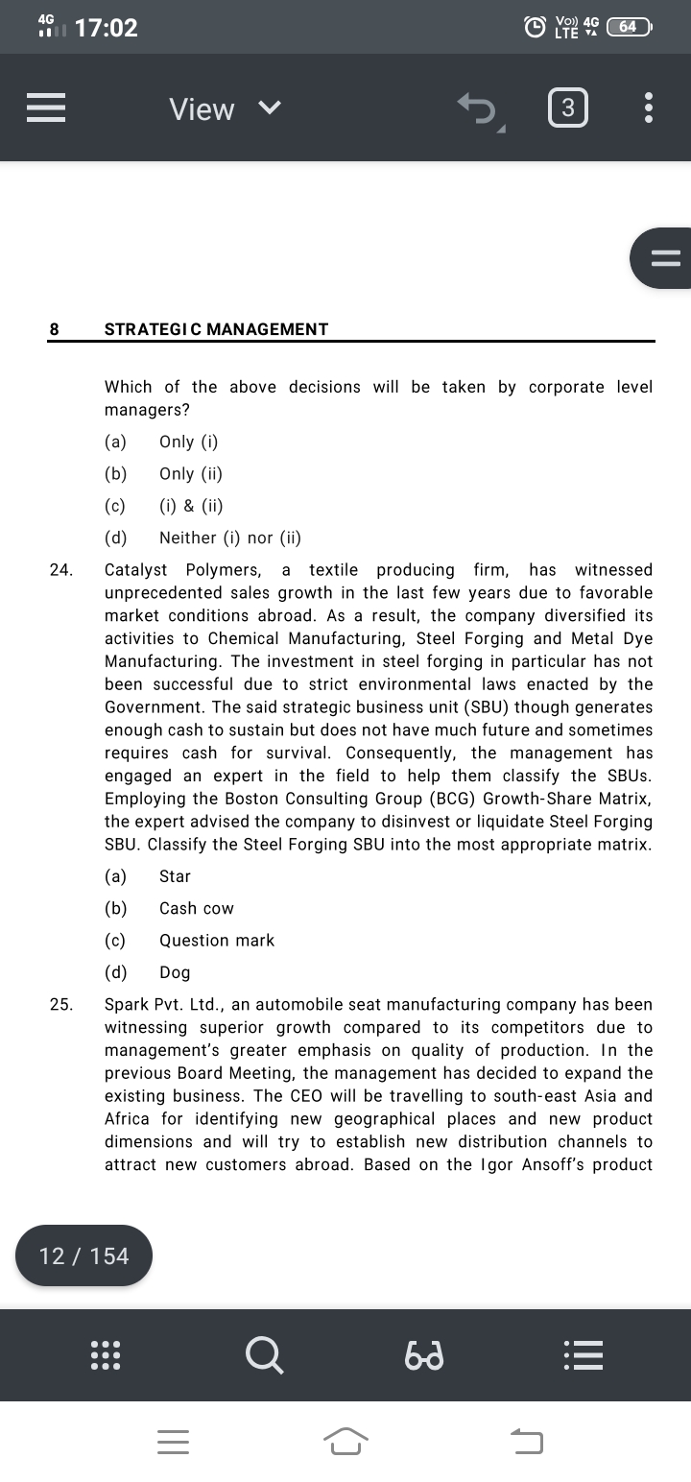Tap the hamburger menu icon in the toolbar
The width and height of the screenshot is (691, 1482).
pyautogui.click(x=46, y=108)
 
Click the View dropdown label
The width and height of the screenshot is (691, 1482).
pyautogui.click(x=203, y=109)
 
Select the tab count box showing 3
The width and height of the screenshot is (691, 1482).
pyautogui.click(x=567, y=108)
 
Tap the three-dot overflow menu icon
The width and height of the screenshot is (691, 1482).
pyautogui.click(x=649, y=108)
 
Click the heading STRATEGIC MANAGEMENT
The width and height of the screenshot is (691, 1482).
pyautogui.click(x=216, y=329)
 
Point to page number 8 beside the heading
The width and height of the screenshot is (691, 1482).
pyautogui.click(x=54, y=329)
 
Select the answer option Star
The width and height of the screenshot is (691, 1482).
pyautogui.click(x=175, y=876)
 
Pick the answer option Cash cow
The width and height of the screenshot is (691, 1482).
pyautogui.click(x=197, y=908)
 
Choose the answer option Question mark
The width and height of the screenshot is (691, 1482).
pyautogui.click(x=217, y=941)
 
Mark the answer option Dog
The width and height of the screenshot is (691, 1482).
pyautogui.click(x=175, y=972)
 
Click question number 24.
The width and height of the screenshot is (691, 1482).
pyautogui.click(x=60, y=570)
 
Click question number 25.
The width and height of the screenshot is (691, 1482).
pyautogui.click(x=60, y=1005)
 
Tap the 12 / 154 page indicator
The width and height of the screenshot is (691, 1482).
pyautogui.click(x=83, y=1255)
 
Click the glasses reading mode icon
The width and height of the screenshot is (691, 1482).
pyautogui.click(x=423, y=1355)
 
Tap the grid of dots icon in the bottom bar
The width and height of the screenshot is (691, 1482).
pyautogui.click(x=104, y=1354)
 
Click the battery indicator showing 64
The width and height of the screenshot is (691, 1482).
pyautogui.click(x=630, y=27)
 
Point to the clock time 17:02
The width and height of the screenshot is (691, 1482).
pyautogui.click(x=106, y=28)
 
